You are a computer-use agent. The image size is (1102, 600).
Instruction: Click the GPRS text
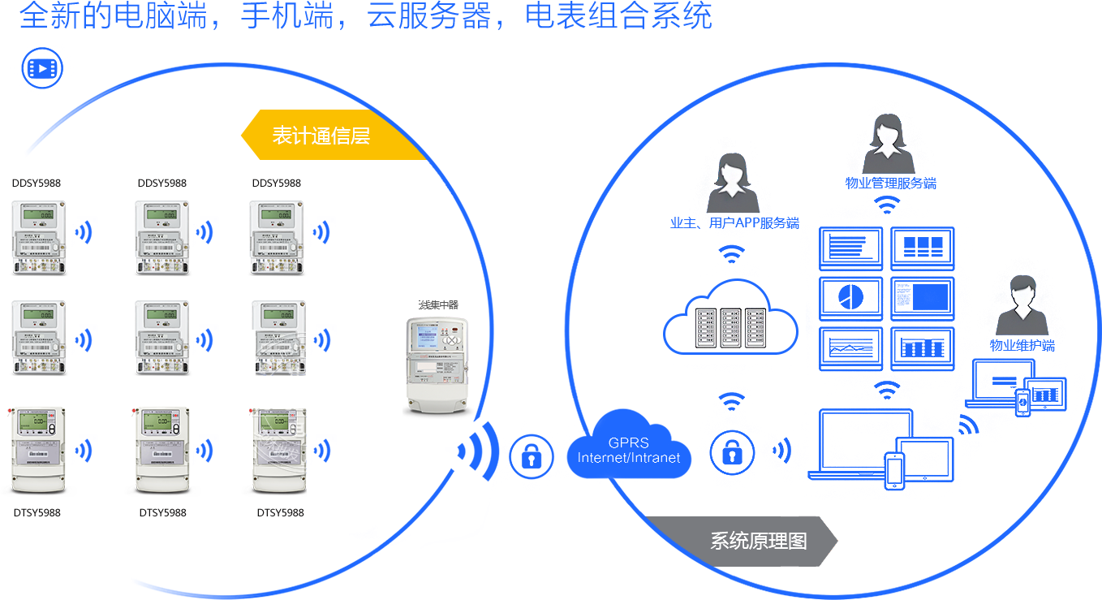click(628, 443)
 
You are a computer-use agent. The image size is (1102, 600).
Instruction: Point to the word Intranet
click(656, 458)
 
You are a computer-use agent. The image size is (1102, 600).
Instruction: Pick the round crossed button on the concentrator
click(453, 342)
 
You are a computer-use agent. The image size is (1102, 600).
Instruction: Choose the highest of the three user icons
click(888, 145)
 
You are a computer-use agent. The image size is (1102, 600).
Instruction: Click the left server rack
click(705, 328)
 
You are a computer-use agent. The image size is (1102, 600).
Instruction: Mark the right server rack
click(755, 328)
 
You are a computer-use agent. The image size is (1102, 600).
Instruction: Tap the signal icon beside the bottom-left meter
click(83, 450)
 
